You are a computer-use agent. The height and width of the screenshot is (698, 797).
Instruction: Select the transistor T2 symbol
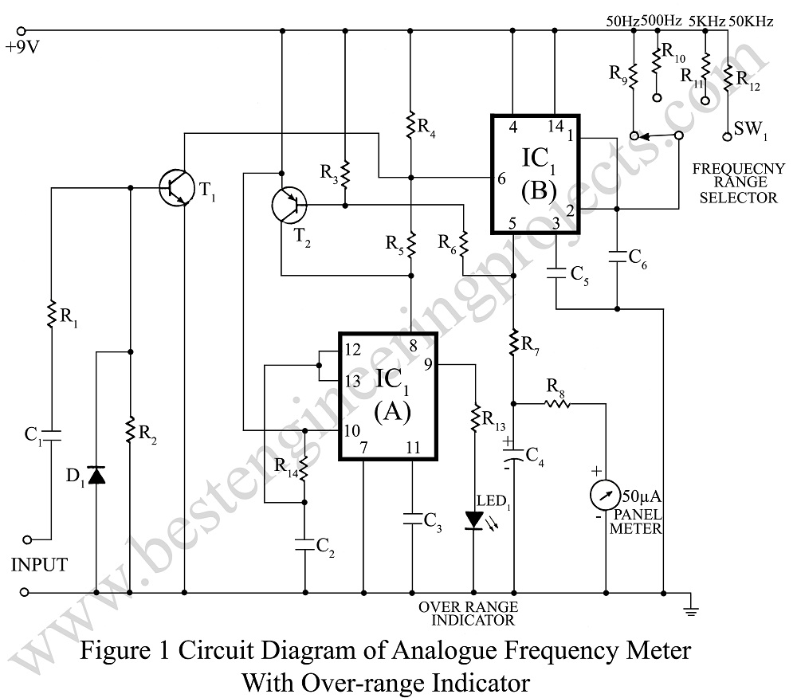pos(287,206)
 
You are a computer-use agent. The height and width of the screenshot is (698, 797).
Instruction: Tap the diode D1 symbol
pos(96,476)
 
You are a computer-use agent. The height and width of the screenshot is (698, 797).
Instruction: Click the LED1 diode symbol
pos(474,520)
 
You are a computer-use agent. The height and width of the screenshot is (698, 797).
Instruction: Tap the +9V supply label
pos(21,46)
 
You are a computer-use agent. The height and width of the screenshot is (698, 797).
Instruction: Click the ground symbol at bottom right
pos(691,610)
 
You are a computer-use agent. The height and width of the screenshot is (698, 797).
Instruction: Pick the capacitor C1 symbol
pos(51,434)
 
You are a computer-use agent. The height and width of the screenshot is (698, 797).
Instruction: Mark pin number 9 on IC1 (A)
pos(428,365)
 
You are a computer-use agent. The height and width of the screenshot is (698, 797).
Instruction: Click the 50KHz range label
pos(752,22)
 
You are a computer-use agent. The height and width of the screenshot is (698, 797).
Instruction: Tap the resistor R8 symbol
pos(557,403)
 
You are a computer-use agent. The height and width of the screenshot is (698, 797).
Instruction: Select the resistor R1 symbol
pos(51,313)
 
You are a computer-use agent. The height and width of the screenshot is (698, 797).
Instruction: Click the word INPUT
pos(39,565)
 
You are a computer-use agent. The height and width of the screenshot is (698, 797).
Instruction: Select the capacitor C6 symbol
pos(617,257)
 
